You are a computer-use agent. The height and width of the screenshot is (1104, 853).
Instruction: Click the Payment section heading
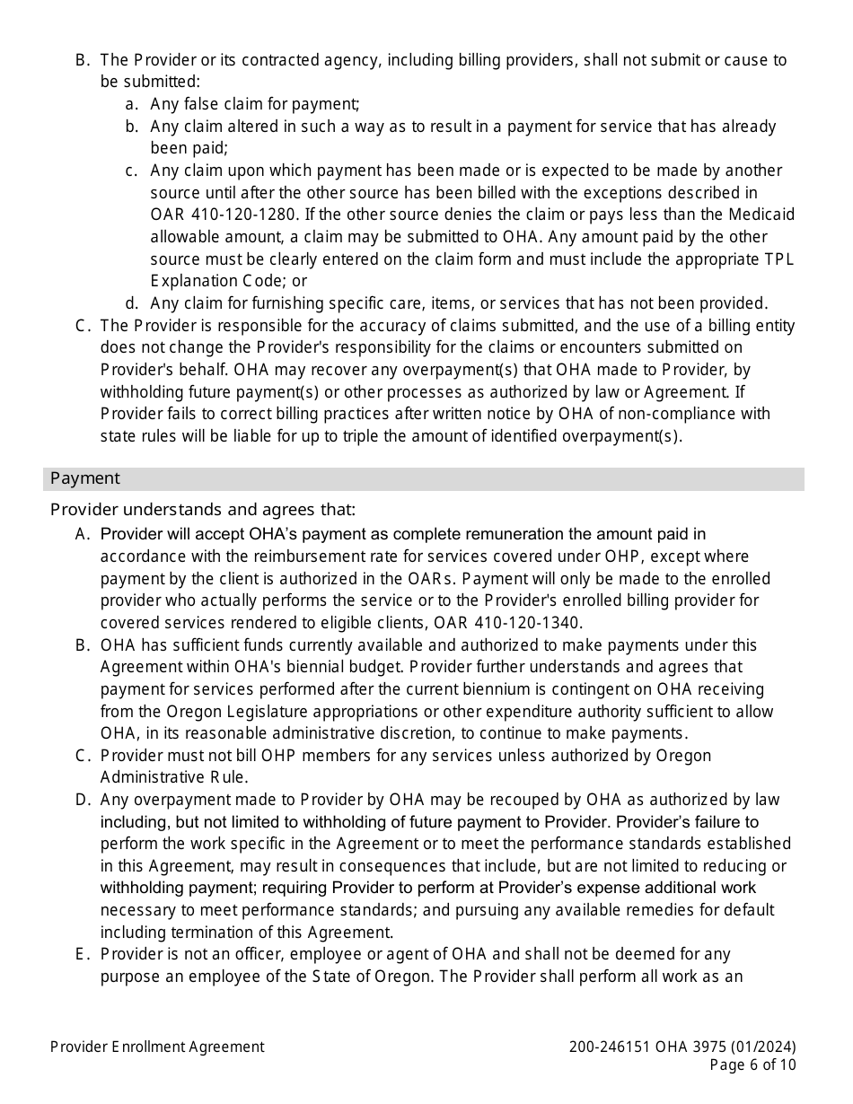pos(84,478)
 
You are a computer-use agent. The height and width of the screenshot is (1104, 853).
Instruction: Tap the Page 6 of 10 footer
pos(752,1065)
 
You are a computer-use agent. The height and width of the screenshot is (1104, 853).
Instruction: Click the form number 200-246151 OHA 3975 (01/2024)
pos(682,1047)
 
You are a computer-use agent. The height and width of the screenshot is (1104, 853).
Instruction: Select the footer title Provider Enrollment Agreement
pos(157,1047)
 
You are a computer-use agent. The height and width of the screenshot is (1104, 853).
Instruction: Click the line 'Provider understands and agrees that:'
pos(203,510)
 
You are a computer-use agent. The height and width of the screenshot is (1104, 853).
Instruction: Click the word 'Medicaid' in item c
pos(762,215)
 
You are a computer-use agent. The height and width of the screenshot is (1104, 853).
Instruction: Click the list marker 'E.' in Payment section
pos(84,954)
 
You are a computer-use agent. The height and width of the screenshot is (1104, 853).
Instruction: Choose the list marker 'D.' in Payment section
pos(84,800)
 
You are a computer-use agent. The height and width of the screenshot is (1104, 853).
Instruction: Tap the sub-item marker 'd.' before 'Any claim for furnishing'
pos(132,303)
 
